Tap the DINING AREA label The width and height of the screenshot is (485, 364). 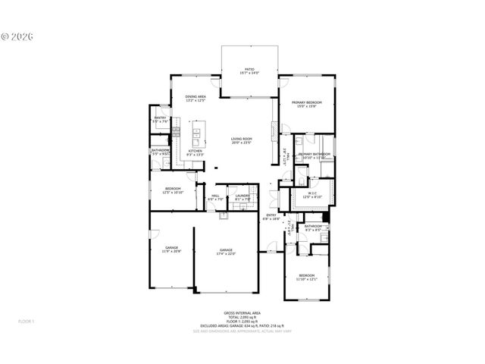(196, 96)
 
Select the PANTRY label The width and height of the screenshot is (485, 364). (160, 118)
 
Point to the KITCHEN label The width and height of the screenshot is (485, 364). (196, 150)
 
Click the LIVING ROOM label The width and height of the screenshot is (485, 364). (242, 139)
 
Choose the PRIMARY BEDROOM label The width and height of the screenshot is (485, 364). (307, 102)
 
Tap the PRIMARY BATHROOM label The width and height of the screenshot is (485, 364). (314, 154)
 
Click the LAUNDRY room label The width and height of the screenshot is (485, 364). (242, 196)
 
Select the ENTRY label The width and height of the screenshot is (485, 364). (271, 215)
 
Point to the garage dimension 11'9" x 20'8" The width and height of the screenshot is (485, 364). (172, 251)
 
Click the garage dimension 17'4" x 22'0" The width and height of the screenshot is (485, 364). (226, 253)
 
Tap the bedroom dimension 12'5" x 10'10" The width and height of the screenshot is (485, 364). (173, 193)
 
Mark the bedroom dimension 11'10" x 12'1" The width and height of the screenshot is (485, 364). (306, 278)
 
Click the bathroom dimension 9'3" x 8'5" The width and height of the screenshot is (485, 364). (313, 229)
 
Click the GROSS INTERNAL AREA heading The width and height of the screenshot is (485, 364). (241, 312)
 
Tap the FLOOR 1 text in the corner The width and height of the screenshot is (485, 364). (27, 322)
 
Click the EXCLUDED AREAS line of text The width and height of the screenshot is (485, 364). (241, 325)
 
